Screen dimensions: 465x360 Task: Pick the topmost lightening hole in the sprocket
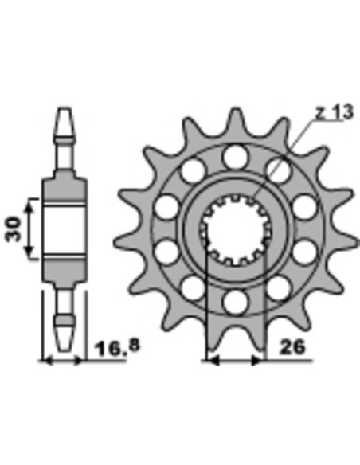click(x=234, y=154)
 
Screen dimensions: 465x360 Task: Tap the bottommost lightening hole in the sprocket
click(x=235, y=302)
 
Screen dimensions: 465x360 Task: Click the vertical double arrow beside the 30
click(x=30, y=229)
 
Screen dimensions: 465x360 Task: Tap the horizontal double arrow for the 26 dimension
click(x=234, y=361)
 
